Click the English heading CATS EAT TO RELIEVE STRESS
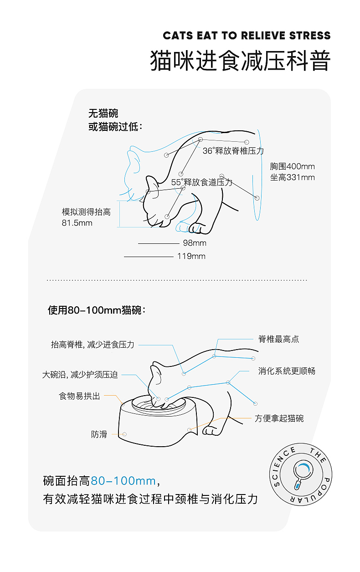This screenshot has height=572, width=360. point(247,36)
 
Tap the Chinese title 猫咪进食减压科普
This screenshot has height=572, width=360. point(240,62)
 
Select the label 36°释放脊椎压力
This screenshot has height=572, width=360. point(233,151)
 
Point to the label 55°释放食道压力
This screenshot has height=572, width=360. point(202,182)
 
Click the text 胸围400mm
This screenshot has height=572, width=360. point(292,166)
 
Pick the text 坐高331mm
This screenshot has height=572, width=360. point(292,177)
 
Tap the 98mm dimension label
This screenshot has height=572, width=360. point(195,243)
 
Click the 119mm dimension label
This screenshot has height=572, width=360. point(191,256)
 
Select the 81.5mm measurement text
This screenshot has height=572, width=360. point(77,223)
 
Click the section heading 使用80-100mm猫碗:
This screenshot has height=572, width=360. point(97,310)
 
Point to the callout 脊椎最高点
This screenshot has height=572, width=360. point(278,339)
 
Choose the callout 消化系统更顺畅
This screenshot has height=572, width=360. point(287,371)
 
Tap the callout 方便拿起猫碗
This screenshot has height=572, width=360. point(279,418)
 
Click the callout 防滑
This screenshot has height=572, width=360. point(99,434)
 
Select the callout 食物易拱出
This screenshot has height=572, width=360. point(79,396)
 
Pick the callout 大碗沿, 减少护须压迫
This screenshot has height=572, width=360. point(80,375)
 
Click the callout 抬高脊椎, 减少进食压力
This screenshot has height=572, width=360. point(93,345)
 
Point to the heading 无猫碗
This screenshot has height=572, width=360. point(103,113)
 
